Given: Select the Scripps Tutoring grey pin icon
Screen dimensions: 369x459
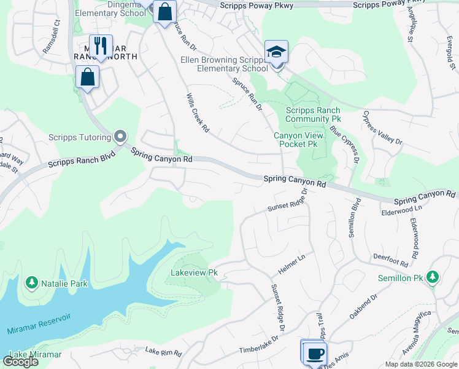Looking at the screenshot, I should [x=120, y=137].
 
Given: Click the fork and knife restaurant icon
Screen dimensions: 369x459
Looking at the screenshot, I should [x=101, y=46].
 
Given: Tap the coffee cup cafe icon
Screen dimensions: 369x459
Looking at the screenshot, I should [x=315, y=354].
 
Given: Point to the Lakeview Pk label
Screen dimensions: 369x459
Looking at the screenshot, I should [x=195, y=272].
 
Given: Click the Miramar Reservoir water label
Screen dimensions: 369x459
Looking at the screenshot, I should [x=39, y=323].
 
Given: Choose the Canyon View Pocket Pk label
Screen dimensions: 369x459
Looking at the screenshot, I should [x=295, y=139].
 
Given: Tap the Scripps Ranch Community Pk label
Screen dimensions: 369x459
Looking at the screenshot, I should [x=313, y=114].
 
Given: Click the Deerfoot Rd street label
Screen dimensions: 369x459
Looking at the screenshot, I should [x=390, y=260].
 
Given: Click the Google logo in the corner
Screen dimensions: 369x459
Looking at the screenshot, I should [x=20, y=361].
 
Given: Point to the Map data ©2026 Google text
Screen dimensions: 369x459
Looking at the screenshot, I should [x=420, y=364].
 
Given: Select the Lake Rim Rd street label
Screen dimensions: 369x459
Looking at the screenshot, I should [x=163, y=353].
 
